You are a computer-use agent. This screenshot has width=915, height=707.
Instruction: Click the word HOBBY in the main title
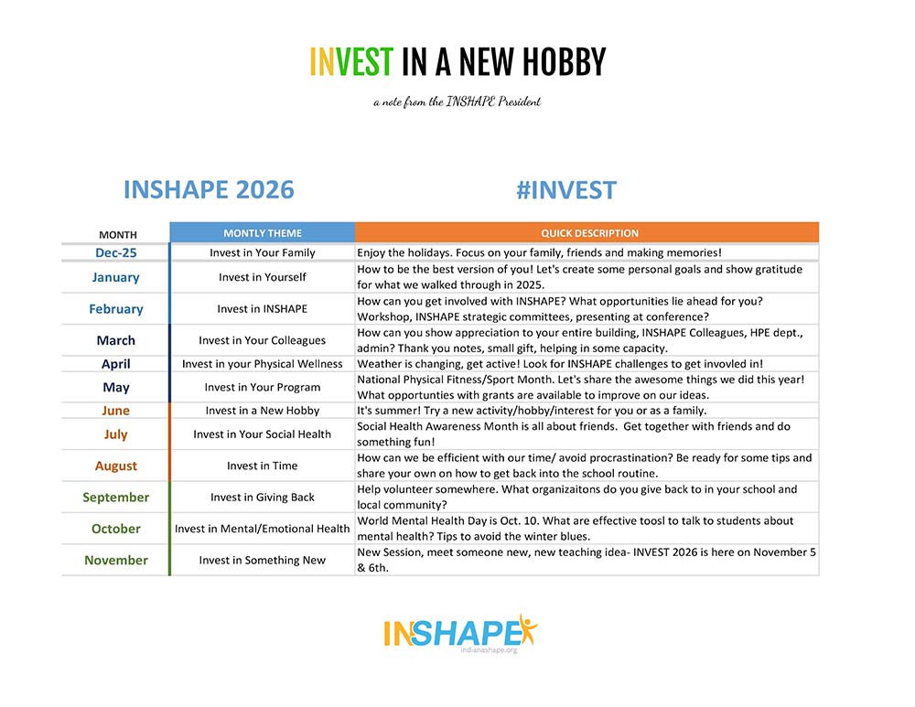point(564,62)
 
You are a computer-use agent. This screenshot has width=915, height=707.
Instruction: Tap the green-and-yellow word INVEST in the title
point(351,62)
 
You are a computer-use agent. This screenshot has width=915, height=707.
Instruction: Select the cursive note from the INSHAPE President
point(457,102)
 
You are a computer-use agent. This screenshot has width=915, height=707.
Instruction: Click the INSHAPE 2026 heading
point(209,189)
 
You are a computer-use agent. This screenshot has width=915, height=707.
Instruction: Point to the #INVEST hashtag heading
point(566,190)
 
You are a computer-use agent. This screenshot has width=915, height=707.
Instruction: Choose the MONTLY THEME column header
point(263,232)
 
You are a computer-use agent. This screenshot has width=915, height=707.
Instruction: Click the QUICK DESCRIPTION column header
point(589,232)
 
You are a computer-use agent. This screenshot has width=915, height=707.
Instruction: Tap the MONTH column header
point(118,234)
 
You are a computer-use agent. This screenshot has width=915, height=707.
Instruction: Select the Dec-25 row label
point(116,252)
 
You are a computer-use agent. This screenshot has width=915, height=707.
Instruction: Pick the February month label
point(116,308)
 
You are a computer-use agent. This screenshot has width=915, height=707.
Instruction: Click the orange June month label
point(115,410)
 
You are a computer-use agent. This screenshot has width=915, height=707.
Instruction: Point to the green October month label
point(116,529)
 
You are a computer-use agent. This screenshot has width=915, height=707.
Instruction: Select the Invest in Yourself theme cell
point(262,277)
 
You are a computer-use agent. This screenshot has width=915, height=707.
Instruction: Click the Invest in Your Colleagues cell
point(262,340)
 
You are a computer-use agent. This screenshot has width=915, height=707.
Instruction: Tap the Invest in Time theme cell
point(262,466)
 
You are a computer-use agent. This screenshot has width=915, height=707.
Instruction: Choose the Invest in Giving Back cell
point(262,497)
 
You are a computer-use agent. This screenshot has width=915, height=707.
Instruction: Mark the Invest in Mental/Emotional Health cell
point(262,529)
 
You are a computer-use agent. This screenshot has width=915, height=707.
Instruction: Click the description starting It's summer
point(532,410)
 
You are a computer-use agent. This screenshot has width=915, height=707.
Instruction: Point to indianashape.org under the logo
point(489,649)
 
